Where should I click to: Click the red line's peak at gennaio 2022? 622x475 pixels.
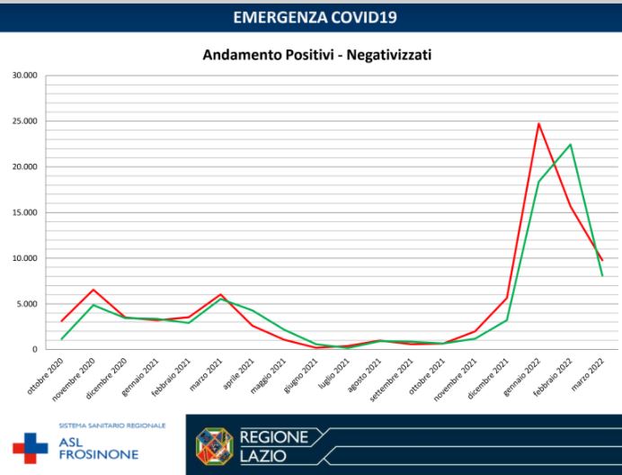click(x=538, y=123)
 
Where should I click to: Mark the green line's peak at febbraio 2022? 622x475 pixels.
click(x=570, y=144)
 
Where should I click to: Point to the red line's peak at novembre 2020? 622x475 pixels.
click(x=93, y=290)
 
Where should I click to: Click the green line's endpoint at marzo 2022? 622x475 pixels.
click(x=602, y=275)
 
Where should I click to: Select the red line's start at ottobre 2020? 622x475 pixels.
click(x=61, y=321)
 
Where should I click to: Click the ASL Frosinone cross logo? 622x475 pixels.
click(x=30, y=446)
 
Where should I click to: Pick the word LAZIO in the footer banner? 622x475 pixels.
click(x=263, y=456)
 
